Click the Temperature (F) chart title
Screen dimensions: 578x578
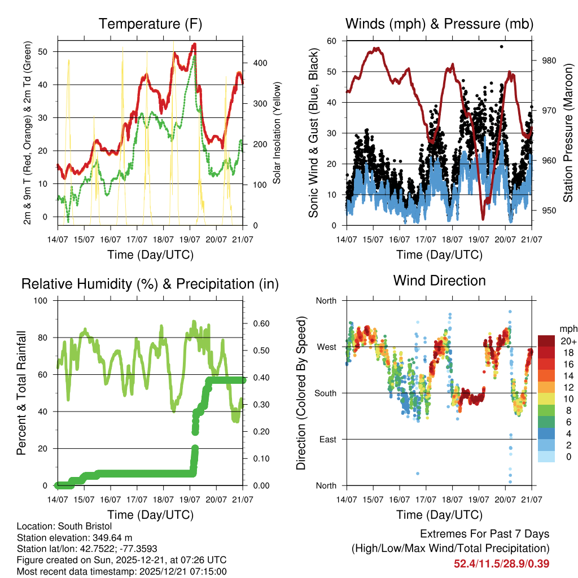pos(150,24)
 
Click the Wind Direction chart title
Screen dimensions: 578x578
pos(439,281)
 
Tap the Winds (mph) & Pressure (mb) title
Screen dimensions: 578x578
pos(439,24)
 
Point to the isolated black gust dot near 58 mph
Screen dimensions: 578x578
pos(501,46)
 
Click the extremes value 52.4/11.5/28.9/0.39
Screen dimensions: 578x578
pos(501,563)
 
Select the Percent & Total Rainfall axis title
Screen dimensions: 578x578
pos(21,393)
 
